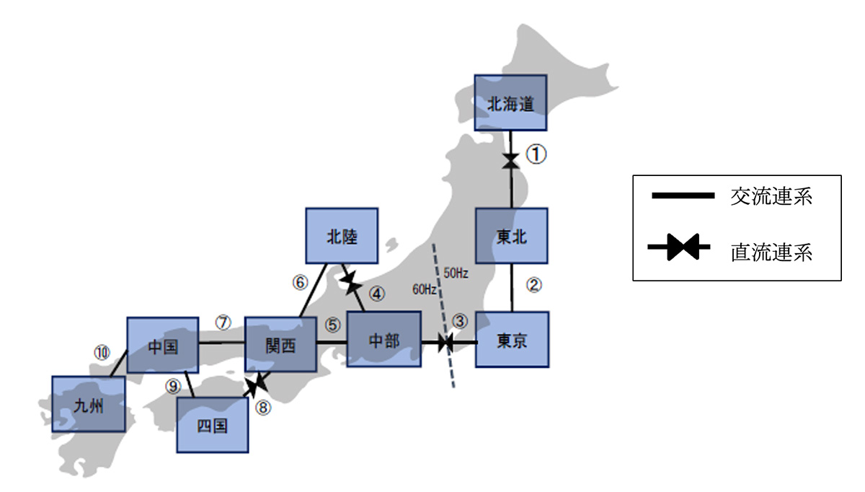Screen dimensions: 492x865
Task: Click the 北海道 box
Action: (510, 103)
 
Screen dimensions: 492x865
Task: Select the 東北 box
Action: (512, 236)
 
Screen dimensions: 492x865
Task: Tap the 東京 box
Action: (513, 339)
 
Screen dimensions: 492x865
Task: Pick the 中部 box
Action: (383, 340)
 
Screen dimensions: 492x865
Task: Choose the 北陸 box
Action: (342, 236)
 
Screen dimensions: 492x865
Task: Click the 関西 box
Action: (280, 345)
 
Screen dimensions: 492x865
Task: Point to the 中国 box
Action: (162, 345)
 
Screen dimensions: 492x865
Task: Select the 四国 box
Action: (213, 426)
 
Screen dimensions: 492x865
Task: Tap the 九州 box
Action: (89, 405)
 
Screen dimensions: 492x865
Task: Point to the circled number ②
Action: (533, 285)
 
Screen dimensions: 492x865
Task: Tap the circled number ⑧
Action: (264, 408)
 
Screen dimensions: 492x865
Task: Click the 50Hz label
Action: (456, 273)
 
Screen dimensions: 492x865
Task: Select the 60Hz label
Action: (424, 290)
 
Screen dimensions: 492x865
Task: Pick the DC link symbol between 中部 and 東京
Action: (446, 343)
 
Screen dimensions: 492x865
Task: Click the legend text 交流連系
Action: (771, 196)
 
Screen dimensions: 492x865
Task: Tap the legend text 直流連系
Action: (771, 252)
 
